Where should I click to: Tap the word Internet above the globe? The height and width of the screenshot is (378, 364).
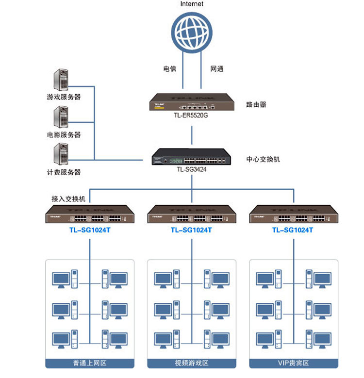pos(192,4)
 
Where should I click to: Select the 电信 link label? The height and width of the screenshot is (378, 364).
pos(169,69)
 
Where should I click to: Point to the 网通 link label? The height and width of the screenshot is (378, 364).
pos(216,69)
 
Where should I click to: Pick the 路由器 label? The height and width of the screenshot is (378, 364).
pos(256,104)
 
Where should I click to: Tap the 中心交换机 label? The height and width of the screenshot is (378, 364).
pos(263,159)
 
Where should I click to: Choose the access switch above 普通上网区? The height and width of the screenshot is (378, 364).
pos(90,214)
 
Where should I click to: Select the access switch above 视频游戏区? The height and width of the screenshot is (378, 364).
pos(191,214)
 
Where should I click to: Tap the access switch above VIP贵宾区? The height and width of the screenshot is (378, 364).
pos(293,214)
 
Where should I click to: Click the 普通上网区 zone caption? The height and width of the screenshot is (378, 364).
pos(90,363)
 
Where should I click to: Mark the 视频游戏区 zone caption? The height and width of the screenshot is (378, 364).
pos(191,363)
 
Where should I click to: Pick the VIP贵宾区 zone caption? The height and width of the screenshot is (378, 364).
pos(293,363)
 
